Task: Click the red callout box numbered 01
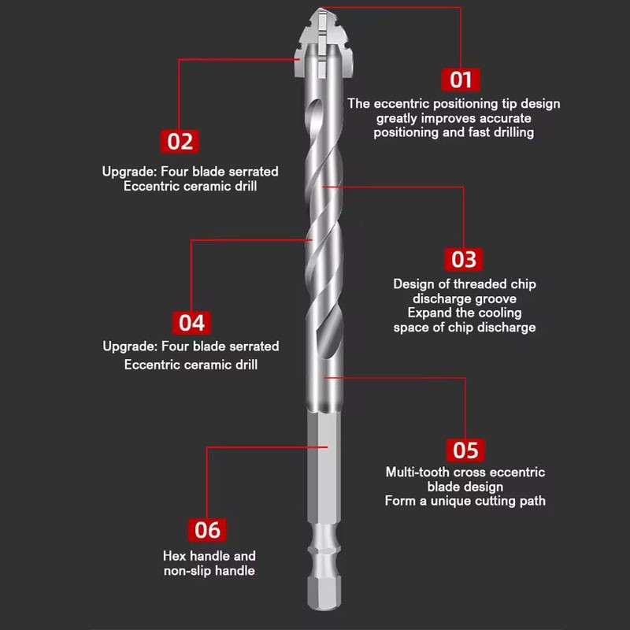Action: [461, 79]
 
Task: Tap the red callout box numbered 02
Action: [180, 141]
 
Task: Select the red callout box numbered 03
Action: [465, 258]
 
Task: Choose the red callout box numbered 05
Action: [465, 450]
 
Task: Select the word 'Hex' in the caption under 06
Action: [174, 556]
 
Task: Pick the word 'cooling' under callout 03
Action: [500, 313]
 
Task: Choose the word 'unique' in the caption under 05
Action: [457, 501]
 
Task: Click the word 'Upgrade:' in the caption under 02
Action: [129, 171]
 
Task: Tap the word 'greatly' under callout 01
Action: [398, 117]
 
